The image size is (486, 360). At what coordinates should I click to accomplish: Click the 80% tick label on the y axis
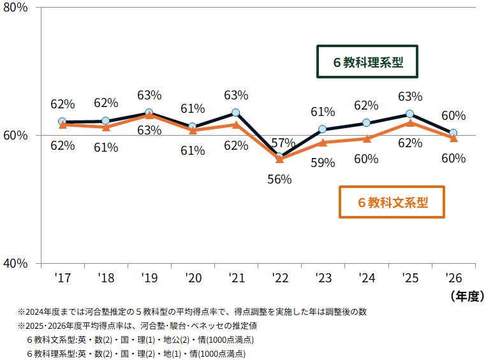15,9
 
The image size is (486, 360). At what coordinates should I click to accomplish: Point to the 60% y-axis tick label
15,135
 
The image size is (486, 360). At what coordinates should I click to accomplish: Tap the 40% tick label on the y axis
15,263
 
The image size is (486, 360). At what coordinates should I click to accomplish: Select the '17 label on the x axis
62,278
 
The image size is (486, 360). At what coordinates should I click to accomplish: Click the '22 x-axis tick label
279,278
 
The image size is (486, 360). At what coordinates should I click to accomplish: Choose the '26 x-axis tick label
453,278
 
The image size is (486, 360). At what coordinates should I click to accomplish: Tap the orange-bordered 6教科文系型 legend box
392,203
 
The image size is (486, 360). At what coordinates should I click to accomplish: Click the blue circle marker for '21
235,113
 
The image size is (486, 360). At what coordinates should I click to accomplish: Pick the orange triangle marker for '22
279,159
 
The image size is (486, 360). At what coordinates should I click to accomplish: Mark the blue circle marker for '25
409,114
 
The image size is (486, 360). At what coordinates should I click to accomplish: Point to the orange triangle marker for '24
366,138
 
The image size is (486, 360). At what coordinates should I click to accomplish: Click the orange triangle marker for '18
105,127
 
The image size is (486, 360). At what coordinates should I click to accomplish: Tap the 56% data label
279,180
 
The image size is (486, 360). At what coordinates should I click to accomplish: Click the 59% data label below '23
323,162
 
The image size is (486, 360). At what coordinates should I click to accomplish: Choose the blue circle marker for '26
453,133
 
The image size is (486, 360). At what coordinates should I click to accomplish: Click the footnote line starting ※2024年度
191,312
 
